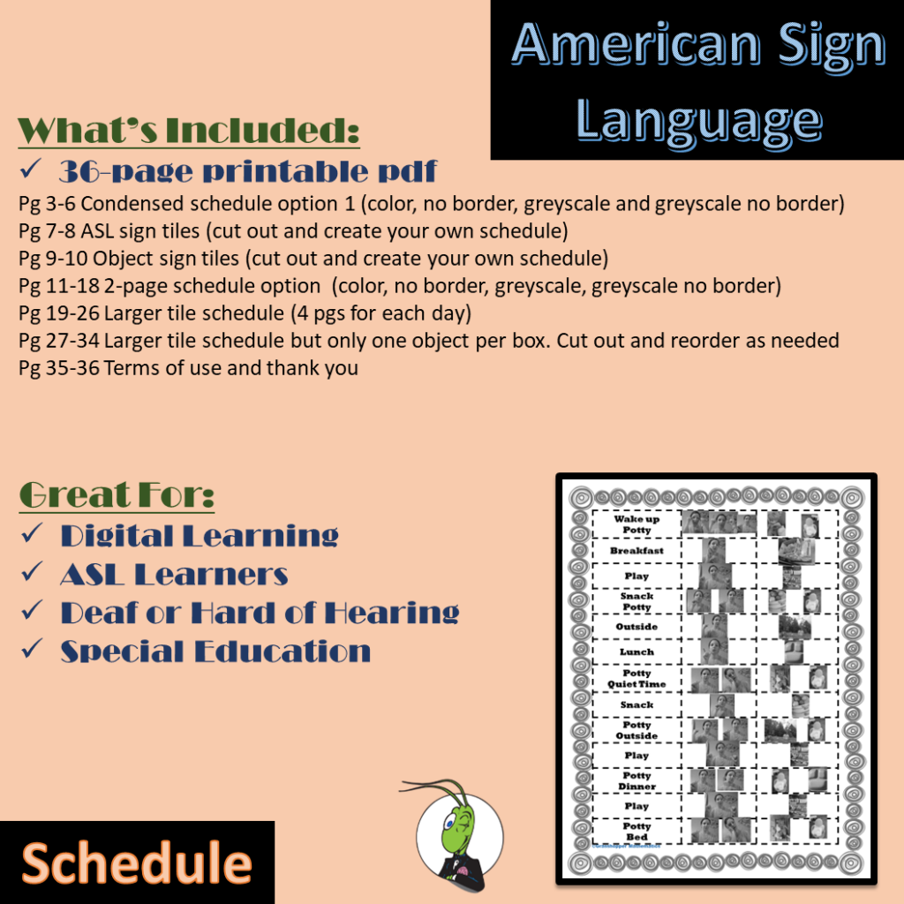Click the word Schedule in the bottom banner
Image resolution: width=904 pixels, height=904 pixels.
tap(137, 863)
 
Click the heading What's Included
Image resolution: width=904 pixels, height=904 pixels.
tap(188, 130)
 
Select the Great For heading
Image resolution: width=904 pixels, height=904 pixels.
tap(116, 495)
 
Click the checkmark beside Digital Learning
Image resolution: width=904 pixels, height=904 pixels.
tap(33, 535)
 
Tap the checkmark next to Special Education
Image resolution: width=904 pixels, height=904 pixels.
tap(33, 652)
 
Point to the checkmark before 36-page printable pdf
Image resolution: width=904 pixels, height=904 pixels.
tap(33, 169)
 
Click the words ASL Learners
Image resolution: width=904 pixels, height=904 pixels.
tap(174, 575)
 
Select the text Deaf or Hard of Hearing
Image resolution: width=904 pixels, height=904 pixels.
tap(260, 613)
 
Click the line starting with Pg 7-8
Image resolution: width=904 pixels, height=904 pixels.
tap(292, 232)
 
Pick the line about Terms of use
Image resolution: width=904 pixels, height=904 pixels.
tap(188, 368)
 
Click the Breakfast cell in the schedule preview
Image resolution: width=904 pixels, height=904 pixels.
tap(637, 551)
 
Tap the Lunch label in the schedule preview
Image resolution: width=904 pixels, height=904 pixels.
tap(637, 652)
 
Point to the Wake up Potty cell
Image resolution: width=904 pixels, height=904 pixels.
tap(637, 524)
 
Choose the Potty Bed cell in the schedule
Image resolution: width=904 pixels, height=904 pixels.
tap(637, 831)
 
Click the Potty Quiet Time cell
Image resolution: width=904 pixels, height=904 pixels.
tap(637, 678)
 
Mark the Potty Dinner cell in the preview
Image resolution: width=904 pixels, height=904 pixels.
tap(637, 780)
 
